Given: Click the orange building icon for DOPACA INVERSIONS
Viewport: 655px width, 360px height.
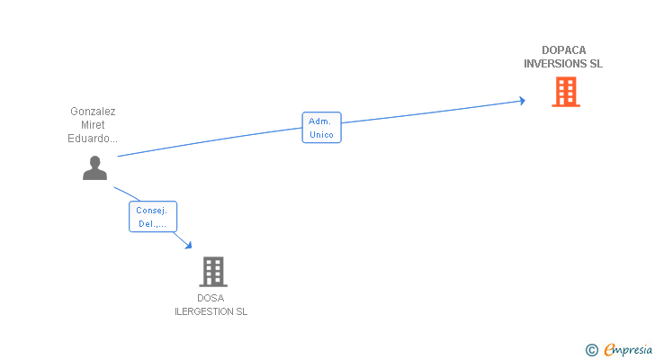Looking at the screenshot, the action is pos(565,92).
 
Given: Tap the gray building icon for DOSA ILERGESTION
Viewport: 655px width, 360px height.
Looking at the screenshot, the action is pos(212,271).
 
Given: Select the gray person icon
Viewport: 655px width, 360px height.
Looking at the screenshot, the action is pos(94,167).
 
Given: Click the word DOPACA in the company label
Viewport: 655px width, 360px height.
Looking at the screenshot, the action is pos(563,50).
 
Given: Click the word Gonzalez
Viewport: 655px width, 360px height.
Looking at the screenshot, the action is pos(93,112).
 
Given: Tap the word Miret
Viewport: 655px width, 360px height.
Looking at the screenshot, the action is pos(93,125).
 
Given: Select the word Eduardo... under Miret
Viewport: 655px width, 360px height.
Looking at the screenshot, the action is pos(93,139).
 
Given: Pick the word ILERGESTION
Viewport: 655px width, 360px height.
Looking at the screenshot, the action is pos(204,311).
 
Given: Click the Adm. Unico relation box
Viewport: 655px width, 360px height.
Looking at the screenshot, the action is pos(321,128).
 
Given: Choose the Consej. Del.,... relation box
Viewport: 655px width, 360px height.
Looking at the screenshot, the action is pos(152,217).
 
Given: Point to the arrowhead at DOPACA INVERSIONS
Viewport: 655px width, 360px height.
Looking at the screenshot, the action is pos(521,101).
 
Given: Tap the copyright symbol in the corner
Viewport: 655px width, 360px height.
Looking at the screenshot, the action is pos(592,350).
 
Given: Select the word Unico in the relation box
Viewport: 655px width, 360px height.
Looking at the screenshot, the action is pos(321,135).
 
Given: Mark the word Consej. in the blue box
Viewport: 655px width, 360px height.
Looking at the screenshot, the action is pos(152,210).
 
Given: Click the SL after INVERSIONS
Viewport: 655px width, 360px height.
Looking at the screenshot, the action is pos(595,64).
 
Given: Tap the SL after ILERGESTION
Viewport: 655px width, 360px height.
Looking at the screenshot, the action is pos(240,311).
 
